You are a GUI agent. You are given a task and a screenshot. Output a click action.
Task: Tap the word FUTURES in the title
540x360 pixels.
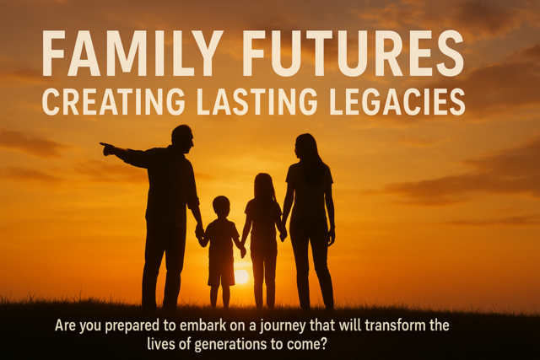(354, 53)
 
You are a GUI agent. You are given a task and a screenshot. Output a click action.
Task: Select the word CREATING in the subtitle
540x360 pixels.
(113, 102)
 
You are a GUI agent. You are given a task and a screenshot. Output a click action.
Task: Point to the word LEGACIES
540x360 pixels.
(397, 102)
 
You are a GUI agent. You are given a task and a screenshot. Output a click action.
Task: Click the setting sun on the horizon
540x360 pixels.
(241, 277)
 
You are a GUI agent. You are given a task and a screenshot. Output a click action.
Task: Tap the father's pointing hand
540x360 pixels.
(107, 148)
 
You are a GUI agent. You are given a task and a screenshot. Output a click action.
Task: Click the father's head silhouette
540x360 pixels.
(182, 139)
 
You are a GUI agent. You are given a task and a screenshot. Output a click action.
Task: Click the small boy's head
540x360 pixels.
(221, 206)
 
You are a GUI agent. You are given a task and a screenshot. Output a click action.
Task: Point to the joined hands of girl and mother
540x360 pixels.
(283, 234)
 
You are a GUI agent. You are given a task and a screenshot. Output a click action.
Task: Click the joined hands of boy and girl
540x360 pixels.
(242, 250)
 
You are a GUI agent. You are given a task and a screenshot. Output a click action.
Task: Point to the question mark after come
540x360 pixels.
(322, 344)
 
